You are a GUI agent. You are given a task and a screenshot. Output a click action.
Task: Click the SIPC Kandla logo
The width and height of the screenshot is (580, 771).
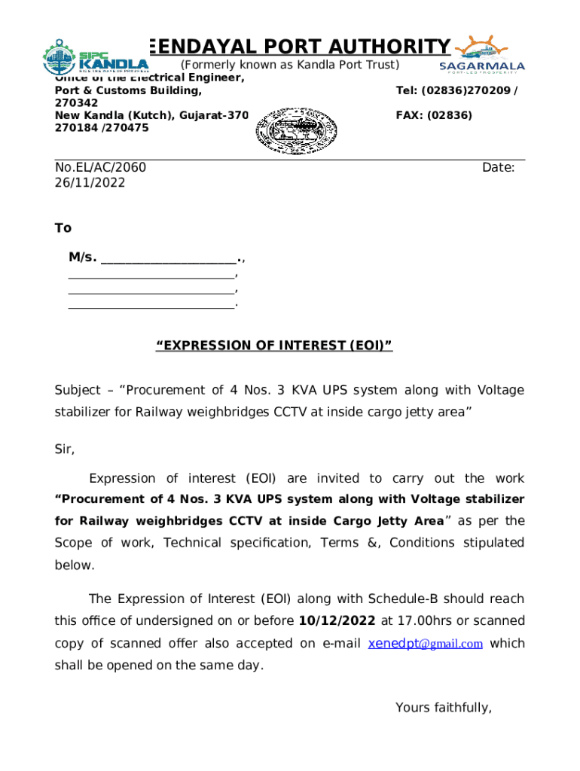coord(95,56)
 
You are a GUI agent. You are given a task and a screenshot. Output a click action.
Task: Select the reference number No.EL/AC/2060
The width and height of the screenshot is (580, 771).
coord(100,167)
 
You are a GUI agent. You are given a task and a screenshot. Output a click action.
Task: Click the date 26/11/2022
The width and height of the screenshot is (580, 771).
coord(90,183)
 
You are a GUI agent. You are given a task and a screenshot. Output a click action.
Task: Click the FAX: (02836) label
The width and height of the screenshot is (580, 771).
coord(434,115)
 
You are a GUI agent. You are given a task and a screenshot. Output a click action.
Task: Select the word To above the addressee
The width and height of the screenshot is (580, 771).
coord(63,228)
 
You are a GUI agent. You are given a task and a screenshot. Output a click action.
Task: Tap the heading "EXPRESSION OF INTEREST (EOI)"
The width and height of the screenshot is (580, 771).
coord(274,346)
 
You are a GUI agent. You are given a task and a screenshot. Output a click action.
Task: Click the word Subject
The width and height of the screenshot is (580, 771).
coord(77,390)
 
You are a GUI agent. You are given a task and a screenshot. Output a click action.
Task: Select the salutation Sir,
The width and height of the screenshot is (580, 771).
coord(65,449)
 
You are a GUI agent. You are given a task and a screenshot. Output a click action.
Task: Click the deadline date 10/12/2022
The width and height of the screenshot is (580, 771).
coord(337,621)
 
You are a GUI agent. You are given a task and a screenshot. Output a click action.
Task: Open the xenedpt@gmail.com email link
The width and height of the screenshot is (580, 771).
coord(426,644)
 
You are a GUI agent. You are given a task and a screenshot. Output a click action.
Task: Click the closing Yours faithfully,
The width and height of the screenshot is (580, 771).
coord(443,708)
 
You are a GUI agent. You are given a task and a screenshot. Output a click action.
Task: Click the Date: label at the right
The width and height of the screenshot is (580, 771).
coord(498,167)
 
